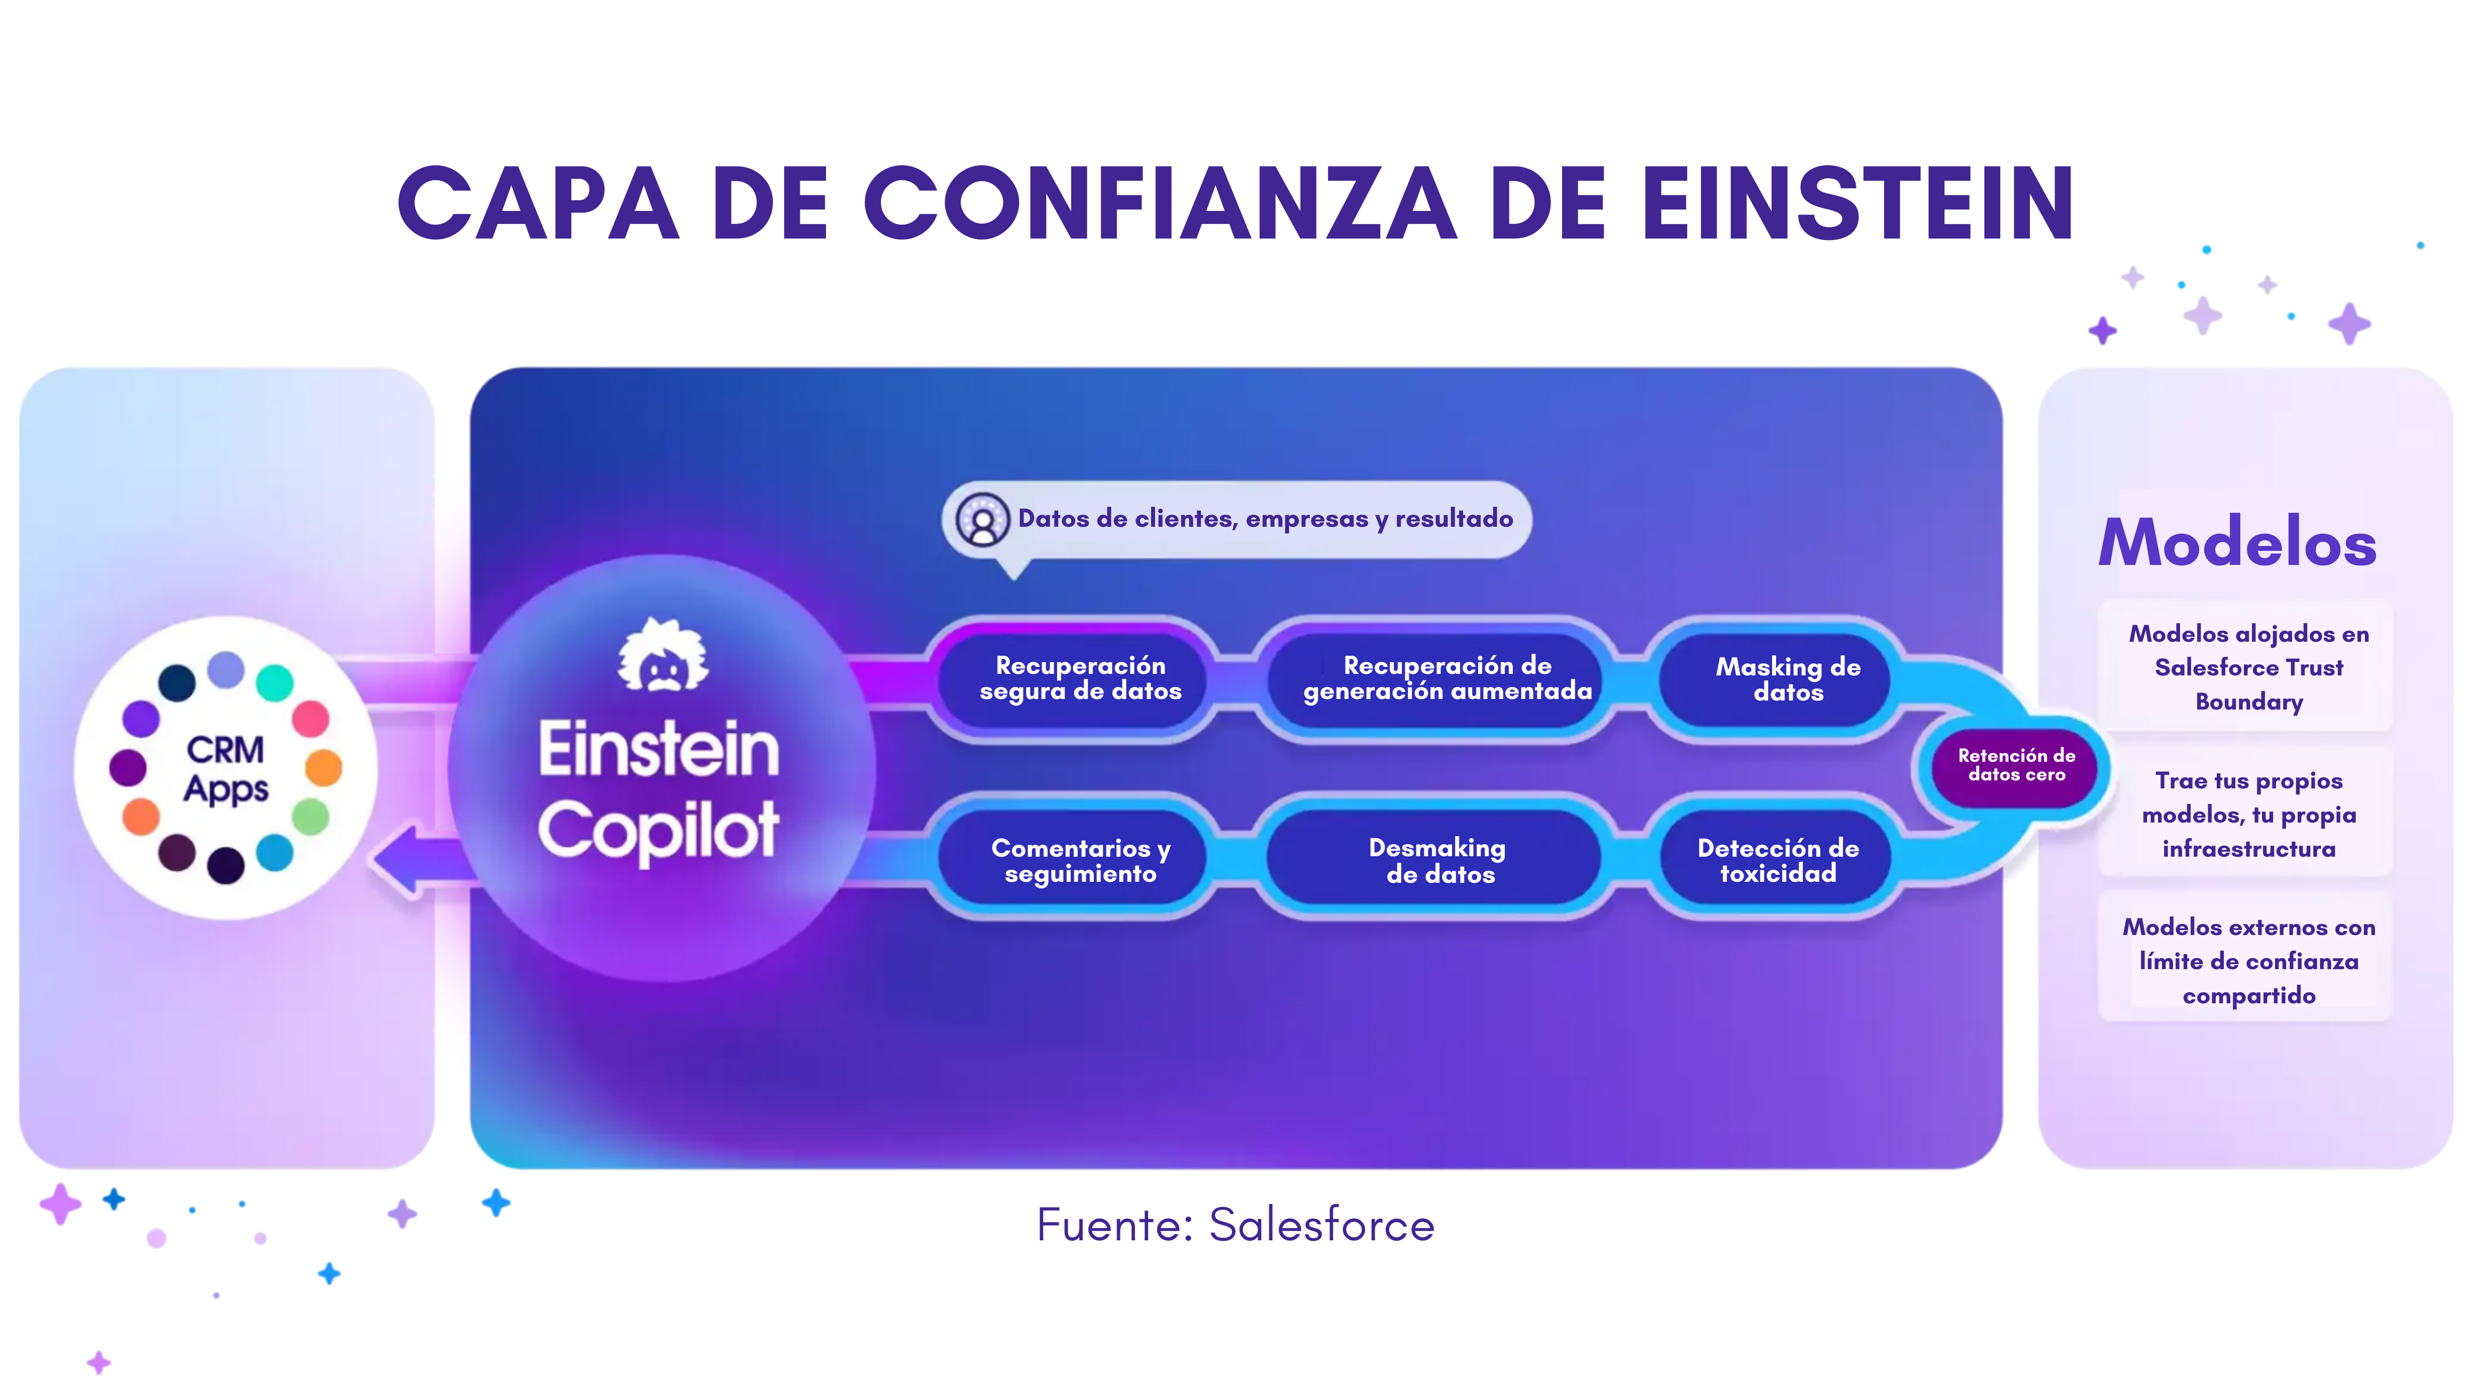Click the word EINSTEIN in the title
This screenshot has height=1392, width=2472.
click(1858, 203)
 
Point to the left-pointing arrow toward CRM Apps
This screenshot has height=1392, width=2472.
click(422, 860)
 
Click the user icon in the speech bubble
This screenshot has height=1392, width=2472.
click(983, 520)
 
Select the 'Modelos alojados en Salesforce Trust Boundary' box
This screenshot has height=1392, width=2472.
click(2247, 667)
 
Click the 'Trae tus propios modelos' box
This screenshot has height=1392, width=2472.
click(2247, 814)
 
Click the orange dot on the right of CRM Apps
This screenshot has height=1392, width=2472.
click(324, 767)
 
